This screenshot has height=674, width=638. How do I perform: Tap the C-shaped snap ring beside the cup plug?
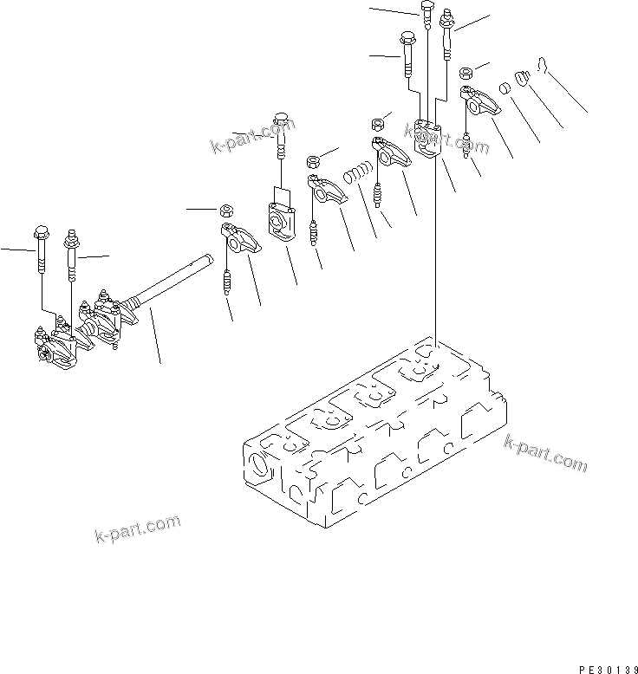tap(540, 66)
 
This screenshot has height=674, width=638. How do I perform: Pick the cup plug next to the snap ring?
tap(521, 81)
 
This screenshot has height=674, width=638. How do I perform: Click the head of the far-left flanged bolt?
tap(40, 232)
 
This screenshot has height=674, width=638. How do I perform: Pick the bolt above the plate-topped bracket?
tap(281, 134)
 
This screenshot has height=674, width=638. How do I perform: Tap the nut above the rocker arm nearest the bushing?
tap(465, 73)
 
